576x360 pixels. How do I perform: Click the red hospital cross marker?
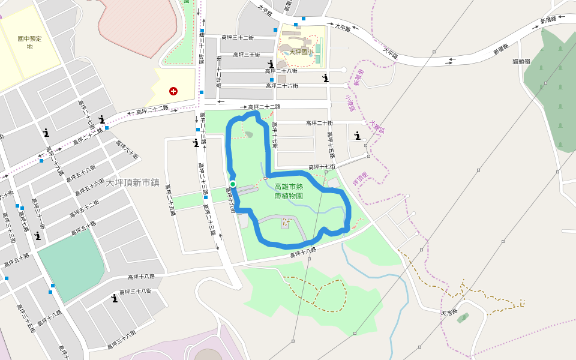173,91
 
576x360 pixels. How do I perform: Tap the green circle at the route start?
233,184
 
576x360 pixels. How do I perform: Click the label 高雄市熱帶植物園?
289,191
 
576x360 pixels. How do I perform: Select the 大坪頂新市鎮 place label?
133,182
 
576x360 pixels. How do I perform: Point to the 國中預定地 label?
29,42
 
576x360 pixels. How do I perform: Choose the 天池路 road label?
449,313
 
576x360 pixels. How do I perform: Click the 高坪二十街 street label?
319,123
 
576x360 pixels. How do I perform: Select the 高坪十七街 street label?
322,167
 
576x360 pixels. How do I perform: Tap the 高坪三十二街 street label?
238,37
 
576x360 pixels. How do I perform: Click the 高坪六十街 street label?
127,150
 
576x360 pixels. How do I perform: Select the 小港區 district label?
350,103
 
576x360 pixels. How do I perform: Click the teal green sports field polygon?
71,264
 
